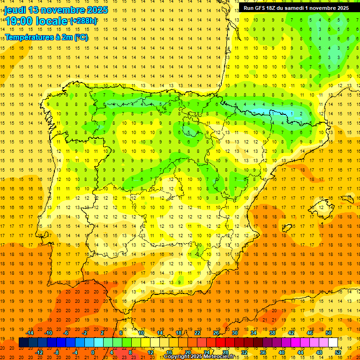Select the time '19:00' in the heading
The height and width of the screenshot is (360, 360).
(18, 21)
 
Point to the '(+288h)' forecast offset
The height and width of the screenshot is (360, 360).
(83, 21)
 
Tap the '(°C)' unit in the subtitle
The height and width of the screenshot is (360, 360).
(81, 37)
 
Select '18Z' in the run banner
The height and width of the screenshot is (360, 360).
(275, 8)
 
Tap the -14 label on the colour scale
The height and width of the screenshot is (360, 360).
(30, 333)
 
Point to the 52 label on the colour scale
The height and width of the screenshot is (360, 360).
(337, 352)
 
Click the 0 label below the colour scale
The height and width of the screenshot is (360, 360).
(93, 352)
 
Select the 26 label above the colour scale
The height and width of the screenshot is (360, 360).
(216, 333)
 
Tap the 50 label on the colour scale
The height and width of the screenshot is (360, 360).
(328, 333)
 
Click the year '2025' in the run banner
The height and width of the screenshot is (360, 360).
(340, 8)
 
